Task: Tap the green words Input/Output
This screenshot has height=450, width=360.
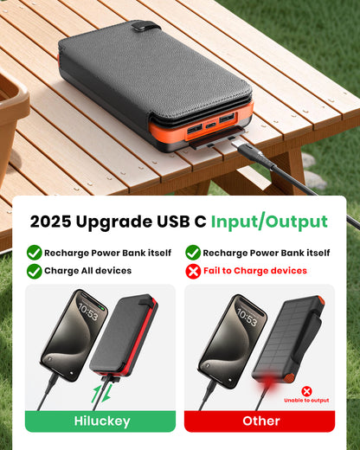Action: click(269, 222)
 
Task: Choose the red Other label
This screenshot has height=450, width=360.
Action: click(260, 421)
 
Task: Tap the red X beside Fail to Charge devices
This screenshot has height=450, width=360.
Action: click(192, 270)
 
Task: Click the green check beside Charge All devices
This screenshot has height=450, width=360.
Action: click(35, 270)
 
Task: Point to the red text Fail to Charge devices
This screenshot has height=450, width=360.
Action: click(255, 270)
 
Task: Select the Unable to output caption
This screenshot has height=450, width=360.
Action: click(306, 401)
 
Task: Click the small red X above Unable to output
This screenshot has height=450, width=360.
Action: click(306, 390)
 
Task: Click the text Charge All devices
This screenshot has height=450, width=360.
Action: click(88, 270)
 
